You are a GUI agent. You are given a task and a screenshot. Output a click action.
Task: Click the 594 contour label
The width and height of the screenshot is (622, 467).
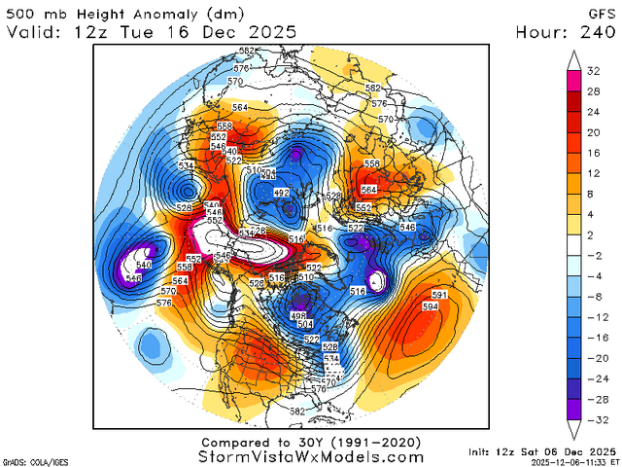pyautogui.click(x=430, y=306)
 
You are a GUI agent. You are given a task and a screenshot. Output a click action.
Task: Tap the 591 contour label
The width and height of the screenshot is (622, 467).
pyautogui.click(x=438, y=295)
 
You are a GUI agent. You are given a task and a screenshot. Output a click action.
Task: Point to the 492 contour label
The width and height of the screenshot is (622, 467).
pyautogui.click(x=283, y=194)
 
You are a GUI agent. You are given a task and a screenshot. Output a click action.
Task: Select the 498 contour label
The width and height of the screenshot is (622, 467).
pyautogui.click(x=298, y=316)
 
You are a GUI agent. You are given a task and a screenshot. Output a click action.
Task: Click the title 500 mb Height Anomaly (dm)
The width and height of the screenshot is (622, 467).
pyautogui.click(x=121, y=12)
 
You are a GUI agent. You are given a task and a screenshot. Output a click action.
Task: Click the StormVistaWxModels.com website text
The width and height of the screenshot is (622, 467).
pyautogui.click(x=311, y=456)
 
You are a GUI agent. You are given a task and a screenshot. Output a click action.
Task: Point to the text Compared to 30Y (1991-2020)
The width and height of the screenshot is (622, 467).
pyautogui.click(x=311, y=442)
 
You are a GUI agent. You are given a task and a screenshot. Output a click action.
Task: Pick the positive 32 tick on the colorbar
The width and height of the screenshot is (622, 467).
pyautogui.click(x=591, y=71)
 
